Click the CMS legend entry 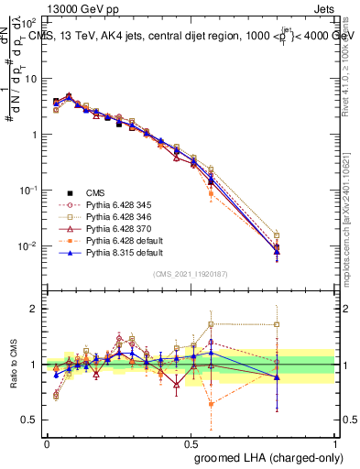[x=95, y=192]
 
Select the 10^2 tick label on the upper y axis [x=27, y=22]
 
